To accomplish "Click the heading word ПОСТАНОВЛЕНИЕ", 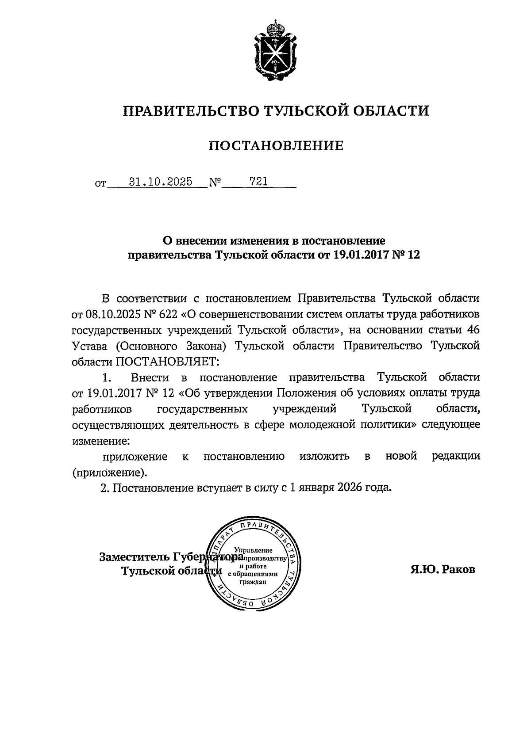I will point(276,145).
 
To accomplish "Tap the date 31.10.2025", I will point(160,182).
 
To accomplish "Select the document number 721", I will point(258,181).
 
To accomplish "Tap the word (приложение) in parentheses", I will point(109,473).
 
